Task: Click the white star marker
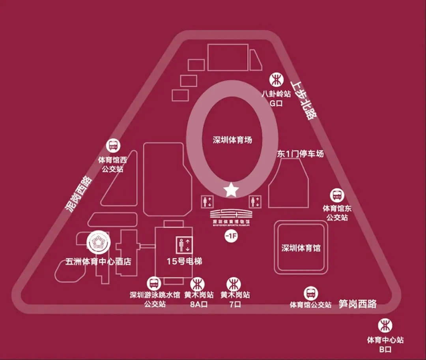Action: pos(231,190)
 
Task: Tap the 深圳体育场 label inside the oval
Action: pos(232,140)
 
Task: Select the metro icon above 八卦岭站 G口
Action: pos(276,80)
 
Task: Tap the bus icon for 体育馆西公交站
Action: pos(113,146)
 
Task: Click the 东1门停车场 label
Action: pos(300,154)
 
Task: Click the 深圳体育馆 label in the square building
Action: pos(301,248)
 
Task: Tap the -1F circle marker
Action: pos(230,236)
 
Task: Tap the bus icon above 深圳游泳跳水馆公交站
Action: pos(153,283)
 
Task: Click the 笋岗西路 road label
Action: pos(357,304)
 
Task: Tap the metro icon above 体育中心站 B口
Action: pos(385,326)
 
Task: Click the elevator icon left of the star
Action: pos(207,201)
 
